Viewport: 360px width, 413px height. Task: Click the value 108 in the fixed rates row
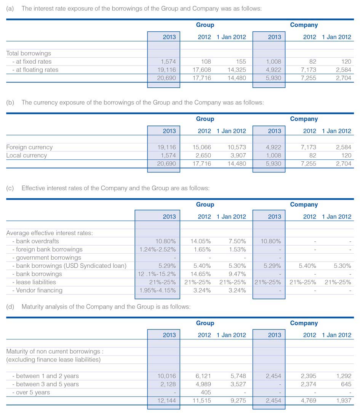coord(206,61)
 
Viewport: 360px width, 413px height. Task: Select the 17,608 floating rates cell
coord(202,69)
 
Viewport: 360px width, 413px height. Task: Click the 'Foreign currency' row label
coord(29,147)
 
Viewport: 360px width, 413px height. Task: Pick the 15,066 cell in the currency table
coord(202,147)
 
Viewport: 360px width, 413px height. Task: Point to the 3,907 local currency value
coord(238,155)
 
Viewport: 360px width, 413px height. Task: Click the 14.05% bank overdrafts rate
coord(200,241)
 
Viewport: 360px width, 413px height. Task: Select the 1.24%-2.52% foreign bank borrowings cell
coord(157,249)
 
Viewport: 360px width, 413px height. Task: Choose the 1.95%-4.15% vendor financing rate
coord(157,290)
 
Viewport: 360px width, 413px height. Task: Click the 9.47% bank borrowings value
coord(237,274)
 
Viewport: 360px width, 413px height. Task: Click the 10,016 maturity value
coord(166,376)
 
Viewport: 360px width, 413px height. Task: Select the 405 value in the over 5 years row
coord(206,392)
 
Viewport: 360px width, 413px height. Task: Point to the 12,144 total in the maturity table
coord(166,400)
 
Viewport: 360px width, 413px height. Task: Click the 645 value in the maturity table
coord(346,384)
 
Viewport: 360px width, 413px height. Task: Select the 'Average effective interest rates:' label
coord(50,233)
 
